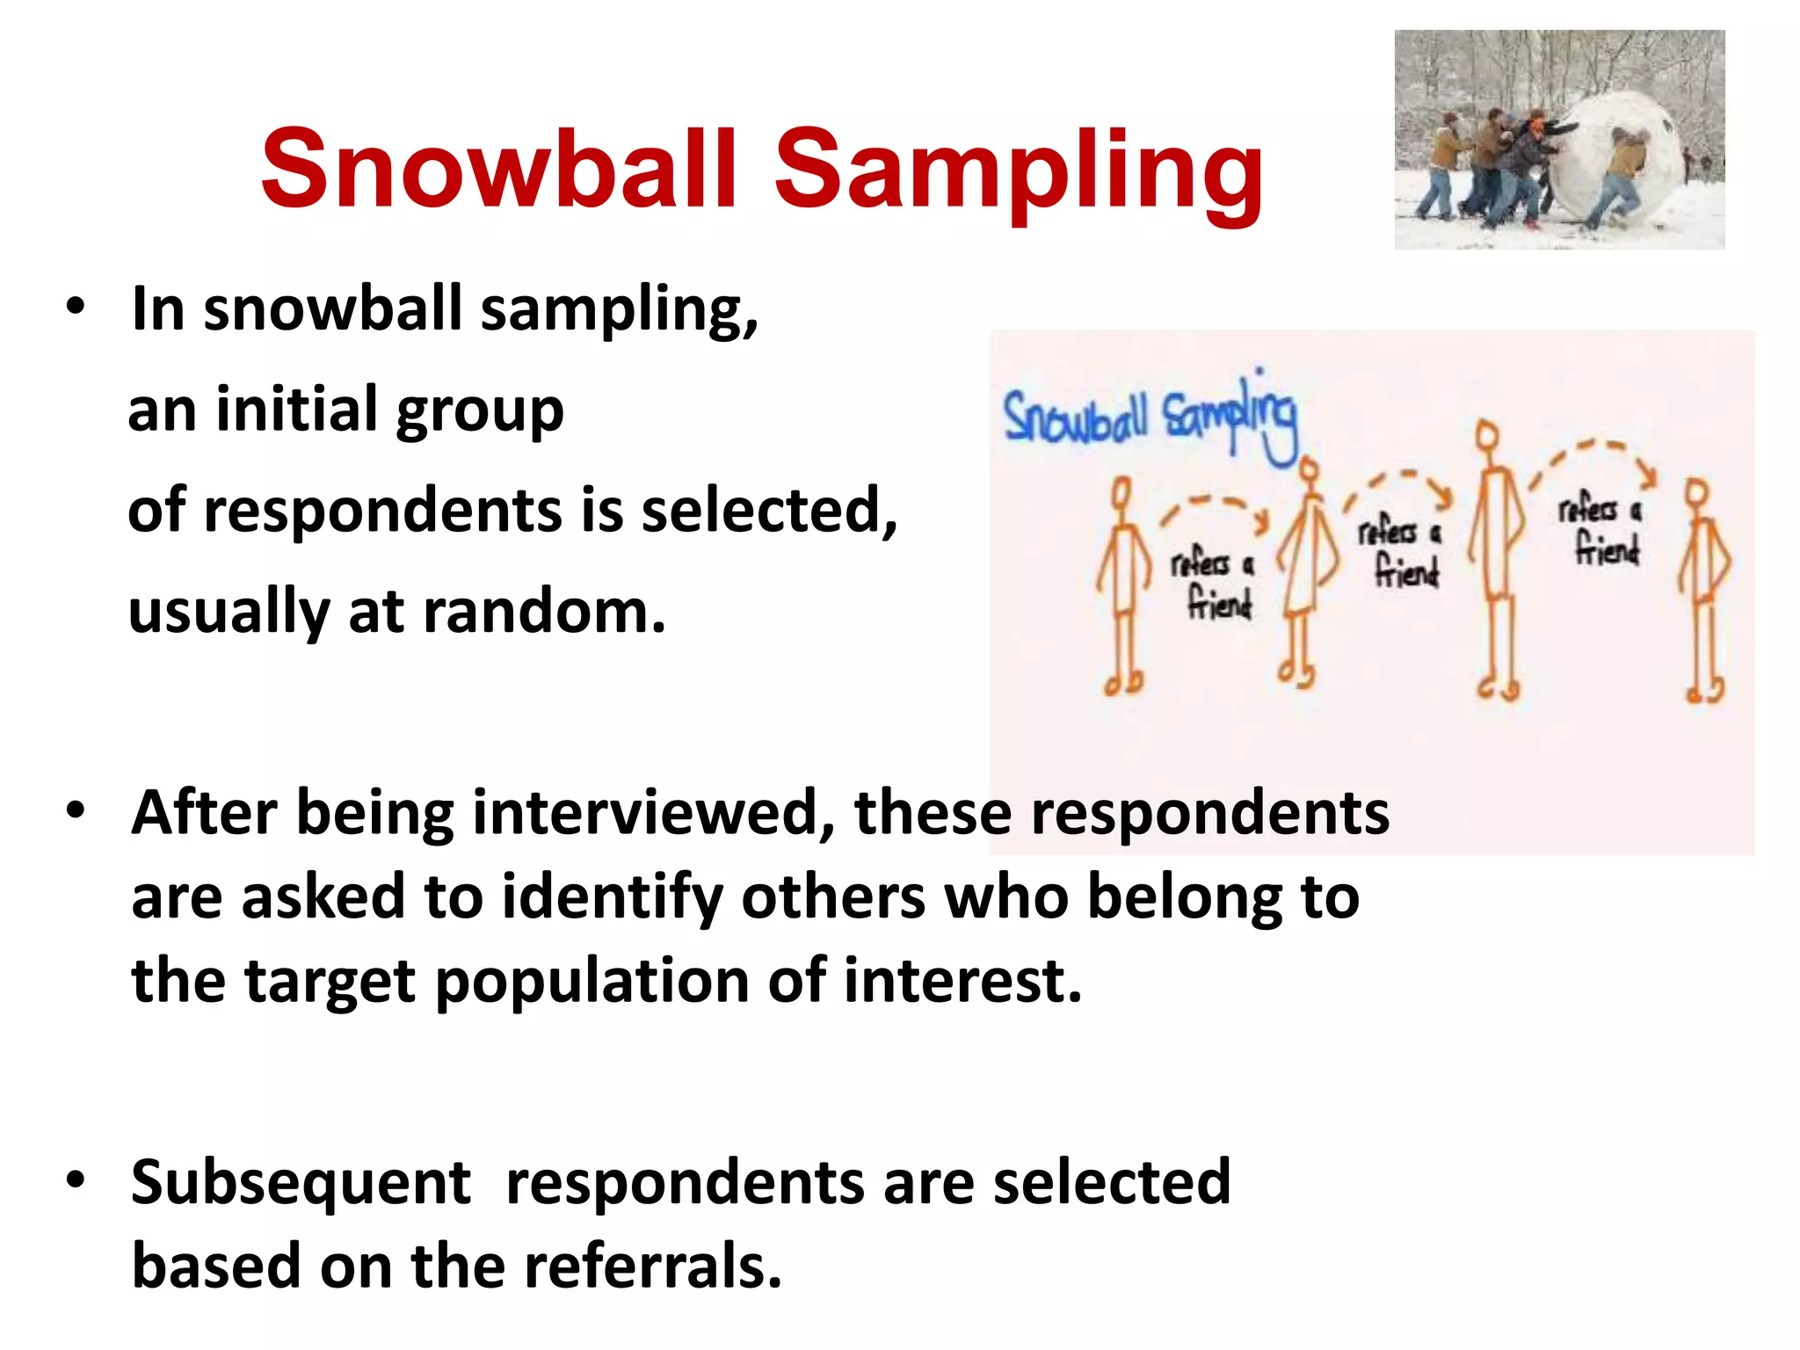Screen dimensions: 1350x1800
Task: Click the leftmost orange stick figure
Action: pos(1122,584)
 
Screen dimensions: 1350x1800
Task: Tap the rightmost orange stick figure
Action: pos(1703,589)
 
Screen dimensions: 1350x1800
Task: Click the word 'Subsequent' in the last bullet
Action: pos(301,1182)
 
